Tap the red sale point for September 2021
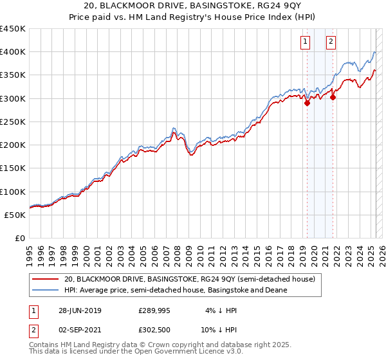tap(333, 97)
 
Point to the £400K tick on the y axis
tap(13, 52)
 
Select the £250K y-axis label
tap(13, 122)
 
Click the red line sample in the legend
tap(44, 280)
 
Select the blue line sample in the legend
tap(44, 291)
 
